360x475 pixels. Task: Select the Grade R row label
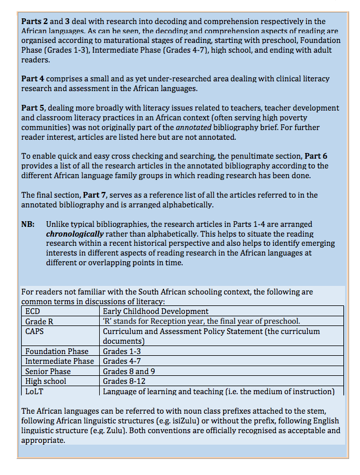tap(39, 321)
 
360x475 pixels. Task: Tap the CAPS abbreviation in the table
tap(36, 331)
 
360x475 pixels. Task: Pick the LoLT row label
tap(34, 391)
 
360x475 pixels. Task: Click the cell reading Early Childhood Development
tap(147, 311)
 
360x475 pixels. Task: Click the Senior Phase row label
tap(48, 371)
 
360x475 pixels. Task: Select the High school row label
tap(46, 381)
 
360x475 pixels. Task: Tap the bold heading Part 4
tap(33, 78)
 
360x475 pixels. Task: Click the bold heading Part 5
tap(33, 108)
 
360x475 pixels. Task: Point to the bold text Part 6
tap(316, 155)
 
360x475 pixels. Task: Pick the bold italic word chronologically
tap(76, 234)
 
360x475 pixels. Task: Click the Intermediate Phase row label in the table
tap(60, 361)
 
